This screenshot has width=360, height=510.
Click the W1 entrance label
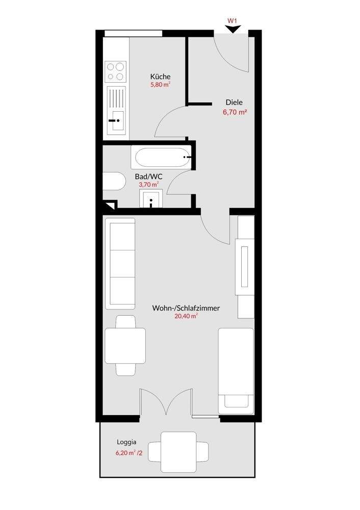(232, 20)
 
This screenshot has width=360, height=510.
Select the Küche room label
(160, 77)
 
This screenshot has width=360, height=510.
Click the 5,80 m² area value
(160, 85)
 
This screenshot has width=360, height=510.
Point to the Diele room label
(234, 103)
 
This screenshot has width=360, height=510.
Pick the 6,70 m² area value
(234, 113)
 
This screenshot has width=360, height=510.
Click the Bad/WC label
(148, 176)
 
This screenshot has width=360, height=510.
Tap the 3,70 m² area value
(148, 185)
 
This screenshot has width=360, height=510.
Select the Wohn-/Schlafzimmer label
(186, 308)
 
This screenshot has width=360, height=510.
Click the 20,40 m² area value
(186, 316)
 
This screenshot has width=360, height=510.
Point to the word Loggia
(126, 442)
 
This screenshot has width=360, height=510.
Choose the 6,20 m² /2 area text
(129, 453)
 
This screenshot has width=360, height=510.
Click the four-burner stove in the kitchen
(116, 71)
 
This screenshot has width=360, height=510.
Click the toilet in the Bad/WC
(114, 182)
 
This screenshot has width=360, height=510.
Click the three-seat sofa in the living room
(120, 264)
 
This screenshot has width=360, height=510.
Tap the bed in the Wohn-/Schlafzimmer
(236, 371)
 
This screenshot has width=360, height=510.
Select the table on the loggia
(178, 452)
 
